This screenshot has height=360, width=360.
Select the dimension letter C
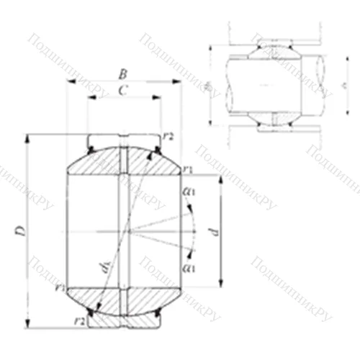coord(123,90)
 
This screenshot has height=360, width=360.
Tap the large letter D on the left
coord(21,230)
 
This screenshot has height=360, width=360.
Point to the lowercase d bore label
coord(213,232)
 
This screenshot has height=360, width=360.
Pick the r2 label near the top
coord(169,135)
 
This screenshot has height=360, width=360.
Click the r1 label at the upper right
coord(188,168)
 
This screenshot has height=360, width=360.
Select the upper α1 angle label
coord(190,192)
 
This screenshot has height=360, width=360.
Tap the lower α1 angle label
coord(189,268)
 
